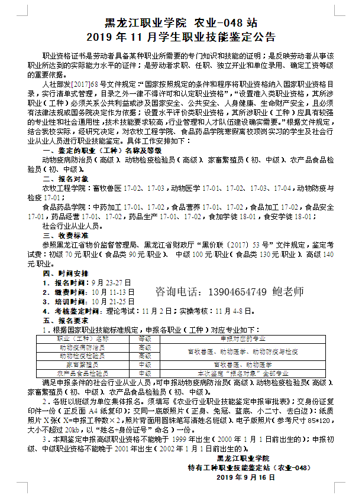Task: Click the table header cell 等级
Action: pos(145,338)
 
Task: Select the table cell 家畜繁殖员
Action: pos(82,364)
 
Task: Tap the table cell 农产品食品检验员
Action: pos(82,373)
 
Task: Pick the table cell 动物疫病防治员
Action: pos(82,347)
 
